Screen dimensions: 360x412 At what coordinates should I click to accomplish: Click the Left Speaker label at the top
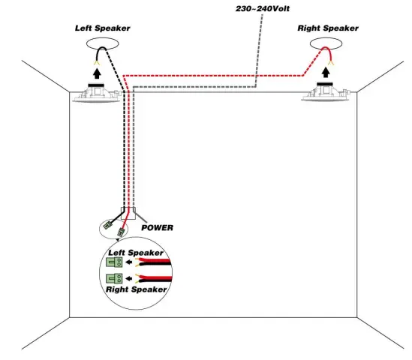102,28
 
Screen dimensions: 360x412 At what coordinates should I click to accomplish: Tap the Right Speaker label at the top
327,28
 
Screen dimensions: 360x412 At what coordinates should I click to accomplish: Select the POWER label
158,227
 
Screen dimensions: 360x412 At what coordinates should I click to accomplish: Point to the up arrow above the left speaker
96,73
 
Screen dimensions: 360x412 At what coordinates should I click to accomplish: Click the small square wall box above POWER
129,214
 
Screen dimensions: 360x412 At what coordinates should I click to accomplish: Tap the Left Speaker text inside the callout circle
136,253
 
